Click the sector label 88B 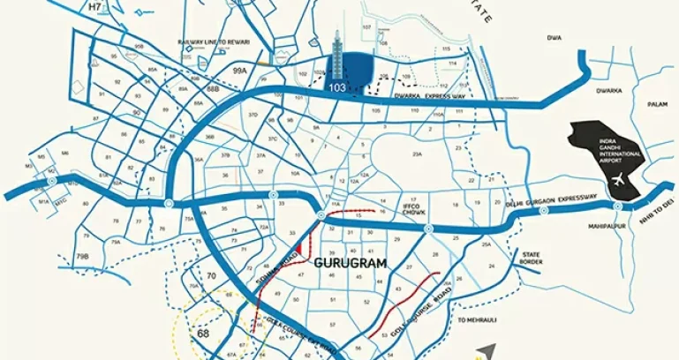click(x=212, y=89)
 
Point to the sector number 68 click(x=204, y=334)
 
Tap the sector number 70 click(x=210, y=276)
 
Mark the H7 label click(x=95, y=7)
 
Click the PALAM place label click(x=655, y=104)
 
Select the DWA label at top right click(x=554, y=38)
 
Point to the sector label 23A click(x=417, y=154)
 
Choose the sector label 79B click(x=82, y=256)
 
